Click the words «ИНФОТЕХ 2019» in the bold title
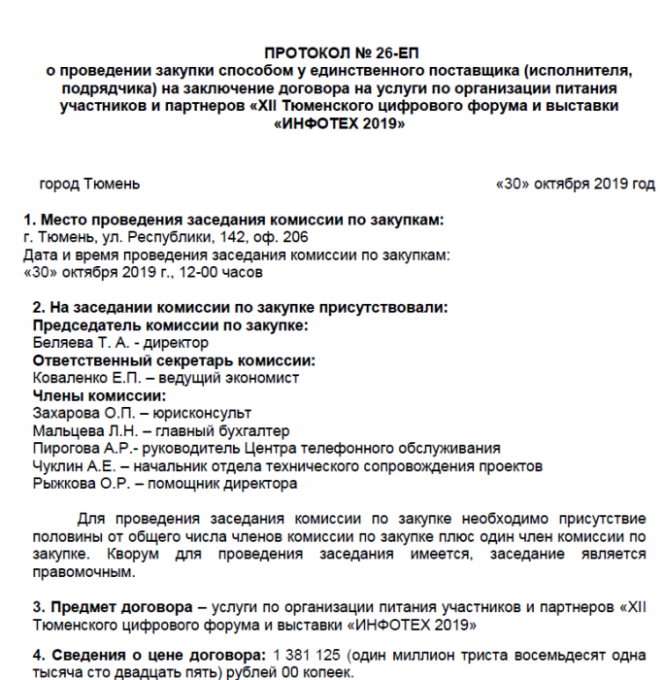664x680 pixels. tap(340, 123)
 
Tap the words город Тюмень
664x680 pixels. tap(89, 184)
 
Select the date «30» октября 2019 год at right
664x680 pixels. tap(575, 184)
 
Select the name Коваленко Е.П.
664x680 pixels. tap(82, 378)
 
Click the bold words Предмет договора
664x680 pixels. tap(121, 606)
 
